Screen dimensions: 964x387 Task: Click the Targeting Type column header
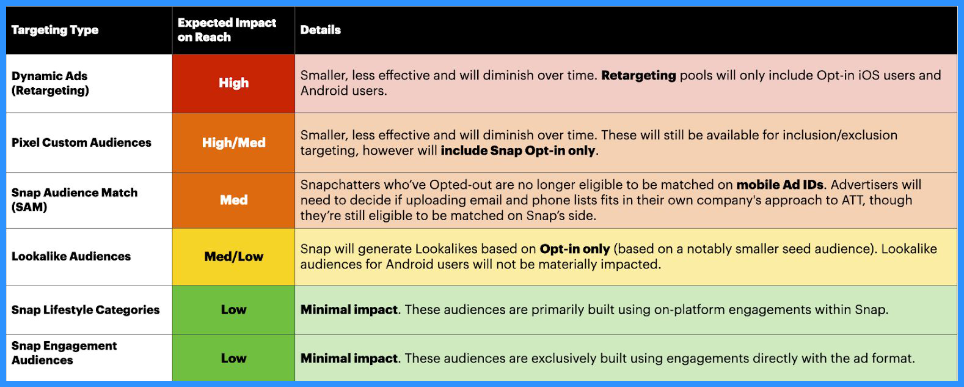coord(54,30)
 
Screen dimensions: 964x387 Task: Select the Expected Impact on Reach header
coord(227,30)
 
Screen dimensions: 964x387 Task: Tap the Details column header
coord(320,30)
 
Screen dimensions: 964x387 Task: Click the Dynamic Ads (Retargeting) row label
coord(50,83)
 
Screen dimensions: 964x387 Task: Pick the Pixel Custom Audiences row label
coord(81,142)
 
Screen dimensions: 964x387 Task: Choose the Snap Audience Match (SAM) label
coord(75,200)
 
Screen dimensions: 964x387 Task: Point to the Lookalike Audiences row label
coord(71,256)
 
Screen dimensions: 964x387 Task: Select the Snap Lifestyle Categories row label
coord(85,309)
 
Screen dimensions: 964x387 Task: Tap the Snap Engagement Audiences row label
coord(64,353)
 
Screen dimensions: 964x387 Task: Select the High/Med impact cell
coord(234,142)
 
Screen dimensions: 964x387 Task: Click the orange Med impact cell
coord(234,200)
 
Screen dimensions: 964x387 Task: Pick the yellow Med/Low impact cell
coord(234,257)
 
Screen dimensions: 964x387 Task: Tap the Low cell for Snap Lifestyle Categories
coord(234,309)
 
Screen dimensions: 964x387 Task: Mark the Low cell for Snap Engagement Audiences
coord(234,358)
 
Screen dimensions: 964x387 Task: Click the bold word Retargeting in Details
coord(638,76)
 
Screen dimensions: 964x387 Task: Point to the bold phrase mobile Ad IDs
coord(780,185)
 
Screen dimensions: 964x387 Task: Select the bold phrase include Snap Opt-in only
coord(518,150)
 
